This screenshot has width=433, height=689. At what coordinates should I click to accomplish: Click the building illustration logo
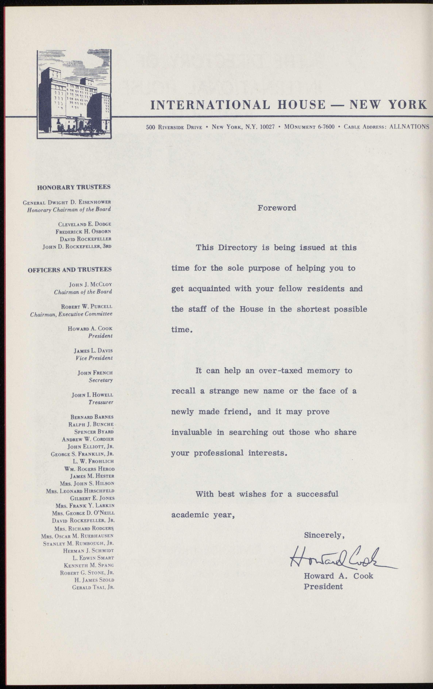(74, 94)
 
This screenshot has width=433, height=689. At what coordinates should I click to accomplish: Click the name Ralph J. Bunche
(91, 425)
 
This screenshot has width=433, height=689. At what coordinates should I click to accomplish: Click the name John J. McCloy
(91, 285)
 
